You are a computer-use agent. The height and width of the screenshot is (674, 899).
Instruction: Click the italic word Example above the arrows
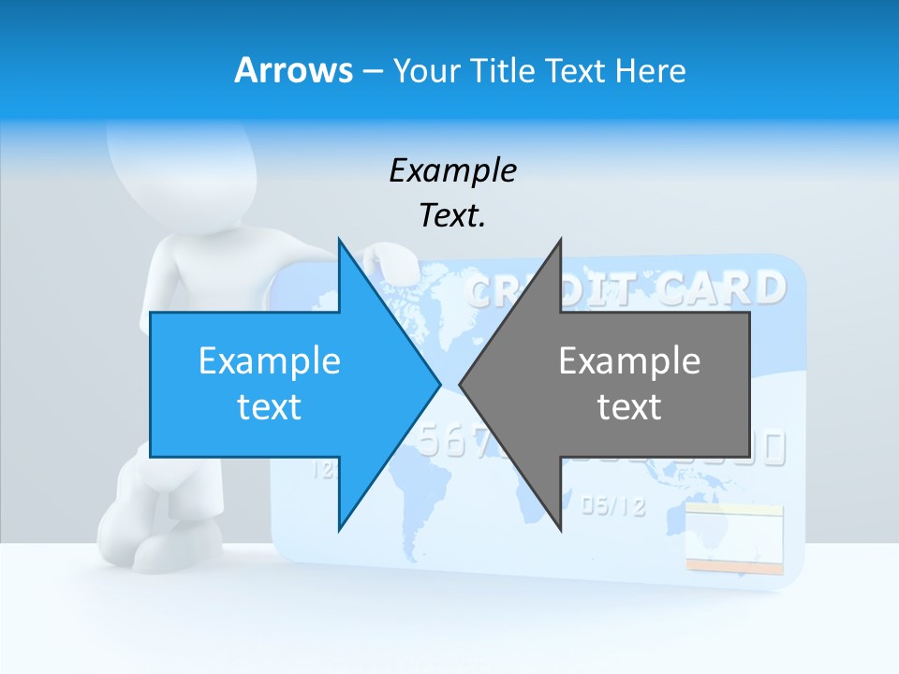[452, 170]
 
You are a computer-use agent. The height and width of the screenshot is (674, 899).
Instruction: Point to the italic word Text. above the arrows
[452, 216]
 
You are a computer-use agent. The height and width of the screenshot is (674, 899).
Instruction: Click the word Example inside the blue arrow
[270, 360]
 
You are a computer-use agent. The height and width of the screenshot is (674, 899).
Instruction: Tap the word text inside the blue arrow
[270, 407]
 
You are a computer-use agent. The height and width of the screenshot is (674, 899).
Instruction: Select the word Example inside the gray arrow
[629, 360]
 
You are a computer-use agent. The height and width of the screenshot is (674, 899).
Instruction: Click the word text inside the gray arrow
[629, 407]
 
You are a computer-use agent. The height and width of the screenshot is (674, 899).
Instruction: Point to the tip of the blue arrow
[438, 384]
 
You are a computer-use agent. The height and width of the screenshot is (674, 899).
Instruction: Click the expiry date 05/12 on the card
[613, 506]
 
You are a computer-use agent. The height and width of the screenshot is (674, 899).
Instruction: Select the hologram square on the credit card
[734, 537]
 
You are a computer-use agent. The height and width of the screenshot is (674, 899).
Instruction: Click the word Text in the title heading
[576, 70]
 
